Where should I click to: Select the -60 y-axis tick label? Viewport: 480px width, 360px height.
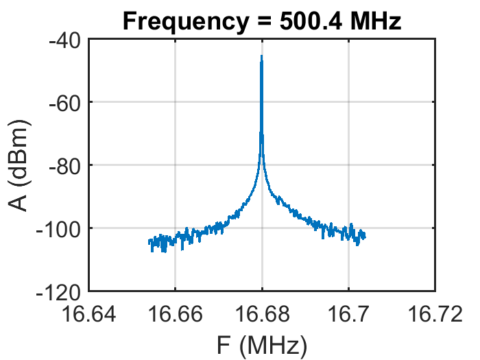64,102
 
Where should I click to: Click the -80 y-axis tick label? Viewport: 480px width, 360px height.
64,165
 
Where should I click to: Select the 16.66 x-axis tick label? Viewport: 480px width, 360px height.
175,314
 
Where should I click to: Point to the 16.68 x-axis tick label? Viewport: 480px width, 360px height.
261,314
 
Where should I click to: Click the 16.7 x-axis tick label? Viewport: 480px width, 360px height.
348,314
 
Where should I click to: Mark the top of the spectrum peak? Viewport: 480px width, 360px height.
261,57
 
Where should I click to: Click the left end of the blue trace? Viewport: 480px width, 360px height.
149,242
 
